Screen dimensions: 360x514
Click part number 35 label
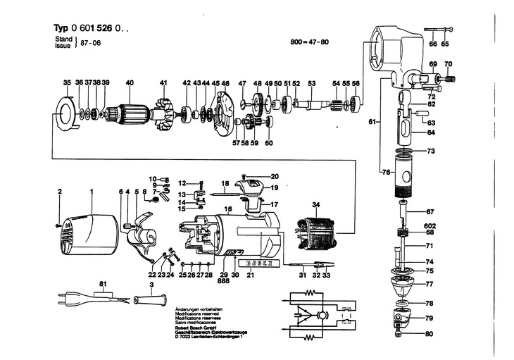point(67,83)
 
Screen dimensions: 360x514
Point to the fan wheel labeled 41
point(163,113)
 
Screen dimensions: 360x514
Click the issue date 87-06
point(95,43)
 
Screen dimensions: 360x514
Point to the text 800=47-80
point(309,42)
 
